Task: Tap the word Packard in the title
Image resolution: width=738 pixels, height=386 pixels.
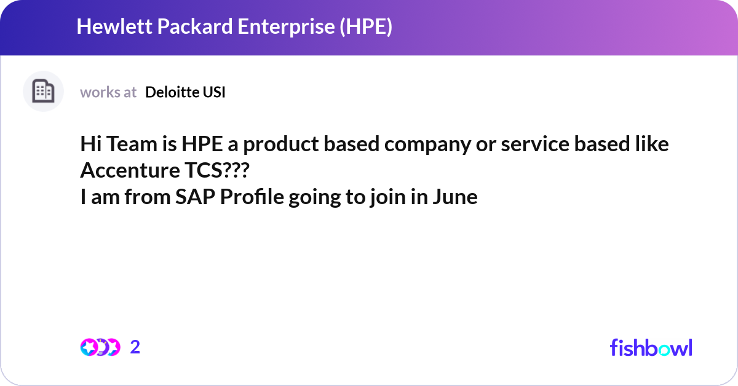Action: click(183, 27)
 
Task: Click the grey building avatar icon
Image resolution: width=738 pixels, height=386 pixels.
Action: click(43, 92)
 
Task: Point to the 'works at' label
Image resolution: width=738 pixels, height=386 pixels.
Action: click(108, 92)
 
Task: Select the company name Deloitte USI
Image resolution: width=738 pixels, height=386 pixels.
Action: click(185, 92)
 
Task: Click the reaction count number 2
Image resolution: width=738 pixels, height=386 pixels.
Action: click(135, 347)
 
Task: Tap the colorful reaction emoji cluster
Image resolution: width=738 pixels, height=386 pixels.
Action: click(100, 347)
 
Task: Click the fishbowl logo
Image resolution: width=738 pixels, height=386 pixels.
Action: click(651, 347)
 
